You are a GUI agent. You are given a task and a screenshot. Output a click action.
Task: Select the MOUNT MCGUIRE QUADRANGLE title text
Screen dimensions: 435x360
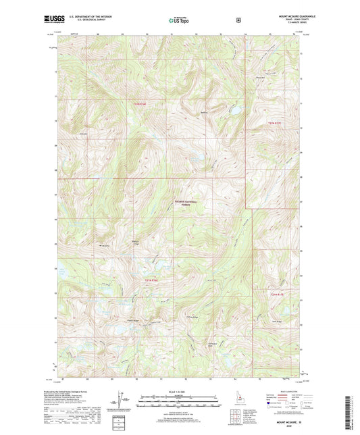coord(279,16)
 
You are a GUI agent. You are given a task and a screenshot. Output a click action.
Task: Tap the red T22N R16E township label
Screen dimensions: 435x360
coord(139,103)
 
